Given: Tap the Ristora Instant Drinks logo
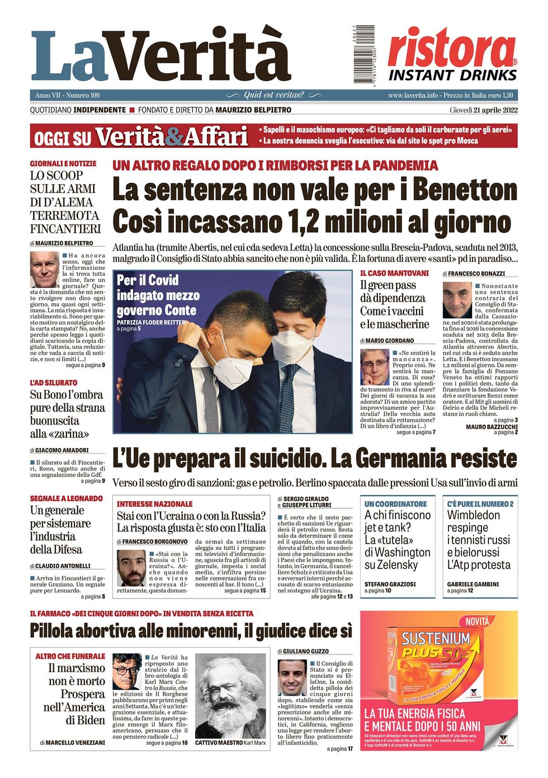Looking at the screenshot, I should point(452,55).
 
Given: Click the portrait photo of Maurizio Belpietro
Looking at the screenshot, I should point(44,269).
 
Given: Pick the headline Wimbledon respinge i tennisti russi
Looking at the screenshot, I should point(479,539).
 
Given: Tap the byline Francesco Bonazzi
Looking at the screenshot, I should point(476,274).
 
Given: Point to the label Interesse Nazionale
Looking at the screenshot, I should point(154,504).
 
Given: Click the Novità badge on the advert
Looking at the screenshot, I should point(477,621).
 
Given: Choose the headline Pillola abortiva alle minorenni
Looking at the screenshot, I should point(191,631).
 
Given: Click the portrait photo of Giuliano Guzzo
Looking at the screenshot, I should point(292,677).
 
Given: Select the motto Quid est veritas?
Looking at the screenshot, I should point(274,95).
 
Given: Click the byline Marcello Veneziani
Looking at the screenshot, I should point(72,742).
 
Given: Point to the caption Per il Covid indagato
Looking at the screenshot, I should point(157,295).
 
